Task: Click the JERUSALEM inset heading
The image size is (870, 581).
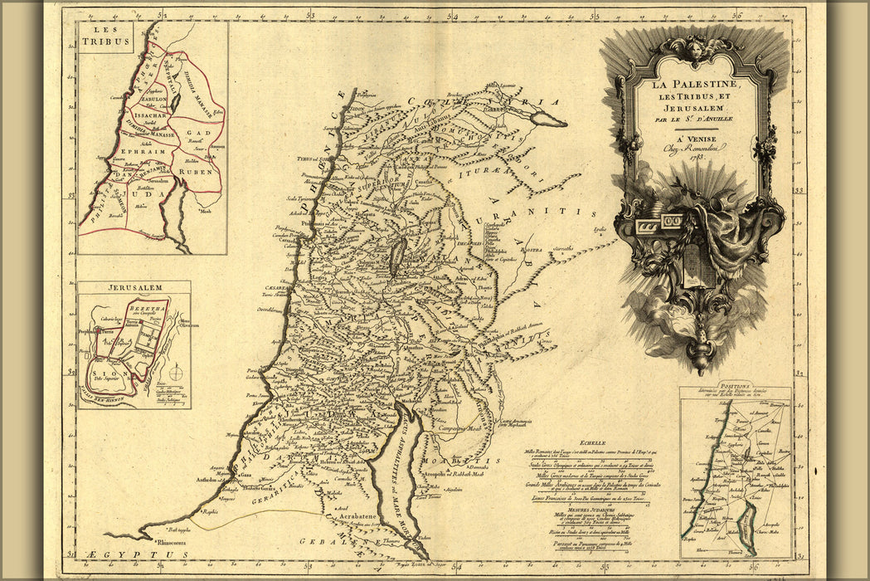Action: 134,288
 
